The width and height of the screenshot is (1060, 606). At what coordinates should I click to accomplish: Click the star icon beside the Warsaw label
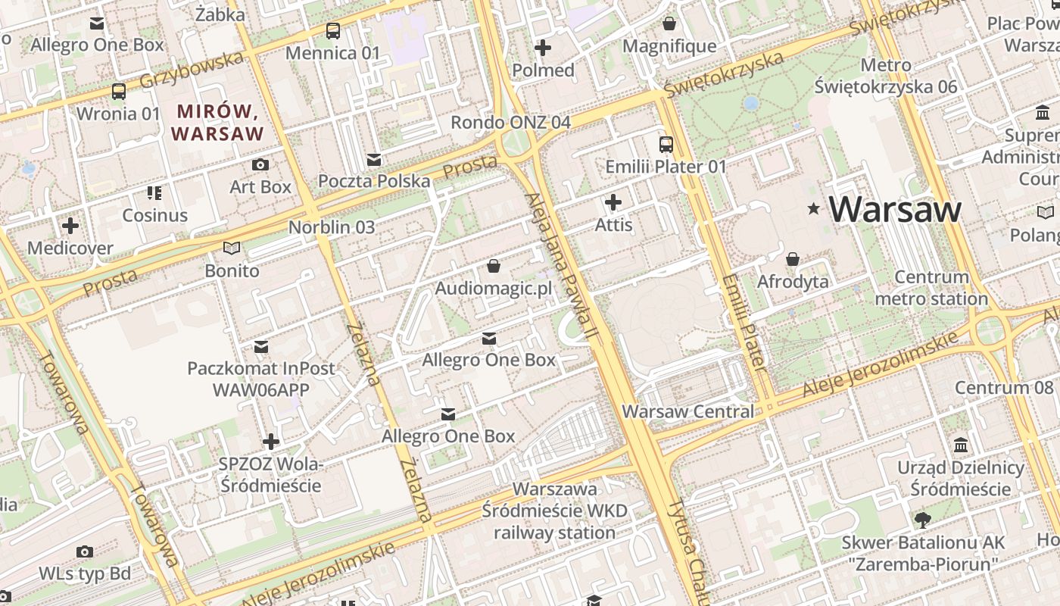coord(814,208)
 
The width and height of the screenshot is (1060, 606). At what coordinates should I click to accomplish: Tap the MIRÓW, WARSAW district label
coord(217,123)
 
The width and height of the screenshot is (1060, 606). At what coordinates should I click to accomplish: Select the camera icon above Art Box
coord(260,164)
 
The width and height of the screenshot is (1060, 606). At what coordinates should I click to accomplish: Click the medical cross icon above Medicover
coord(70,226)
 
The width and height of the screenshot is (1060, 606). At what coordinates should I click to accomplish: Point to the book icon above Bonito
coord(232,248)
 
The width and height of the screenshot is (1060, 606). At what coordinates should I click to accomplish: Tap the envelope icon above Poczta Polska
coord(374,159)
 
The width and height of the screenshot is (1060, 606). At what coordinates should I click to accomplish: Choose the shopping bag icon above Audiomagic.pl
coord(494,266)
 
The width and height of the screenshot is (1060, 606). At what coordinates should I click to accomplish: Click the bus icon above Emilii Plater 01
coord(666,144)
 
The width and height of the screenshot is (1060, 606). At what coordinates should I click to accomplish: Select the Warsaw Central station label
coord(687,411)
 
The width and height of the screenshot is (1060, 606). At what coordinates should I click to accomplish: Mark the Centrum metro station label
coord(931,288)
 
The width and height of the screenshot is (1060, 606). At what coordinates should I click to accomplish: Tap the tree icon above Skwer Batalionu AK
coord(923,520)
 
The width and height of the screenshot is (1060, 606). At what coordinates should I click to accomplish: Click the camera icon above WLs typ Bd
coord(85,551)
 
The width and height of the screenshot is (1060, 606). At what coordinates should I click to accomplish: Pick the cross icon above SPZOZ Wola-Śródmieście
coord(271,441)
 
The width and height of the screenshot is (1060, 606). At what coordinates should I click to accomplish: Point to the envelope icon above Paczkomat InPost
coord(261,346)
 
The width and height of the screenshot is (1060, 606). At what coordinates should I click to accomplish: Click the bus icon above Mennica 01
coord(333,31)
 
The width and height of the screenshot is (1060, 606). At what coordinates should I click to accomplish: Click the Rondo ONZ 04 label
coord(510,122)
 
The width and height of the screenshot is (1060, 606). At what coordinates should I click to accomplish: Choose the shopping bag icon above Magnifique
coord(669,23)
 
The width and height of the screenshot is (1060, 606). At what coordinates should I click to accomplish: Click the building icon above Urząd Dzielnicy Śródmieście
coord(961,445)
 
